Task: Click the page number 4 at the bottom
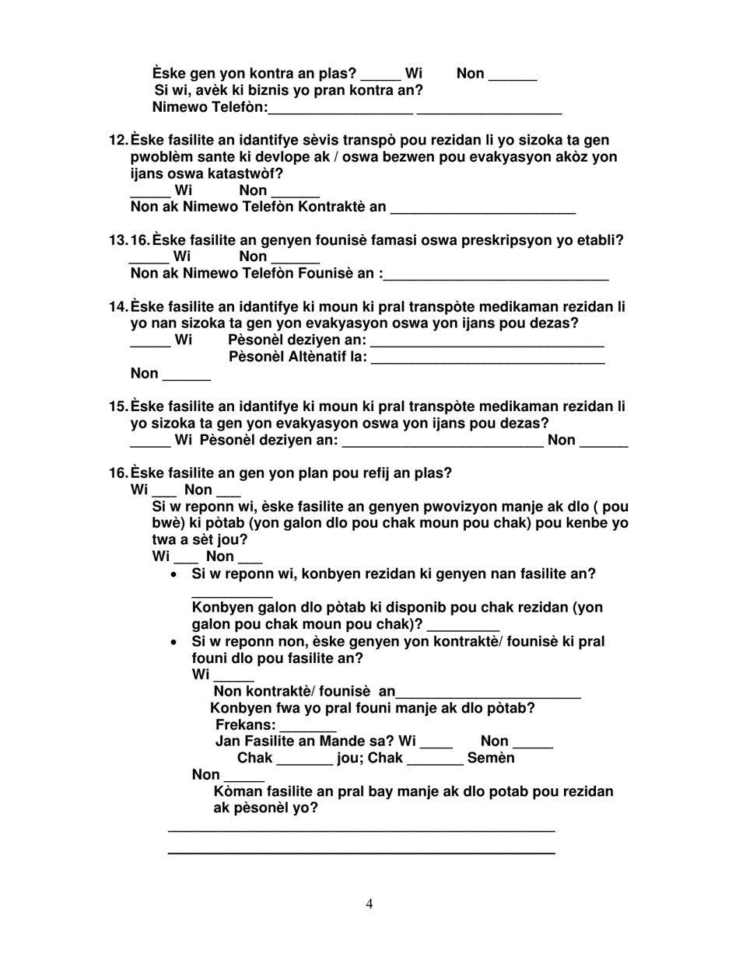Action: click(369, 903)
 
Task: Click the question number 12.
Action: click(118, 141)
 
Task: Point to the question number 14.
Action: click(118, 307)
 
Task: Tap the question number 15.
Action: click(118, 406)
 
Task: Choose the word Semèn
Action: click(491, 758)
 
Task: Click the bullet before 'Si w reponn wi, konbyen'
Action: click(174, 575)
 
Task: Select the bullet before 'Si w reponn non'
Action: click(174, 643)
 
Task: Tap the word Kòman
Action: click(239, 792)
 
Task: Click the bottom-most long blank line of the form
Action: click(361, 853)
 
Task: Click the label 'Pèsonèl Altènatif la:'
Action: click(298, 358)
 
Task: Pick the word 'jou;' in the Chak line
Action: click(351, 758)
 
